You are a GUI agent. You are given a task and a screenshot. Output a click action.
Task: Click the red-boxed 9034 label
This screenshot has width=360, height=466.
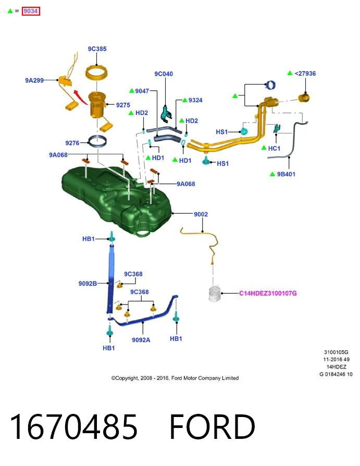tap(31, 11)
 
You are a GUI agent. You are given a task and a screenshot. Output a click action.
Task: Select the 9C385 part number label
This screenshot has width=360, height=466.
tap(97, 49)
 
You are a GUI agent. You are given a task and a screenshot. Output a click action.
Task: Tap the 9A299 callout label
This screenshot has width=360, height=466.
tap(34, 80)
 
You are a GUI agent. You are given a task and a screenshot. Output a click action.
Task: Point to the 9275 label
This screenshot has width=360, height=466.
tap(123, 105)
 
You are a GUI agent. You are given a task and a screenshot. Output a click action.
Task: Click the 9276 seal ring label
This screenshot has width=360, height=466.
tap(72, 143)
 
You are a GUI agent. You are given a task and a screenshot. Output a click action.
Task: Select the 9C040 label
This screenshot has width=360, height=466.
tap(164, 73)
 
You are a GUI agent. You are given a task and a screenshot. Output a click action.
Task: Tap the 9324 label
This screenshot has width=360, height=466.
tap(195, 100)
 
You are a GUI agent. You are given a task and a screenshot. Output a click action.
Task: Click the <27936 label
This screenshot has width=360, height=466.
tap(305, 73)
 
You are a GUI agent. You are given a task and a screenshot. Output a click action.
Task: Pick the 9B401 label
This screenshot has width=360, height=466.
tap(286, 174)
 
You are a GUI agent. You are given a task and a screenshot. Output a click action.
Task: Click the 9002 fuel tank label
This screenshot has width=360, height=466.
tap(201, 214)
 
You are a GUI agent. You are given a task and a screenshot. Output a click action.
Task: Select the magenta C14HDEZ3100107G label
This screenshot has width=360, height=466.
tap(268, 293)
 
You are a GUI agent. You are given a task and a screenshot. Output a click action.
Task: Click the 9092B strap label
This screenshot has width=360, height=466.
tap(88, 284)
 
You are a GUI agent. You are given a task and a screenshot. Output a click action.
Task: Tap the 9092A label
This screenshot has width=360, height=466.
tap(141, 340)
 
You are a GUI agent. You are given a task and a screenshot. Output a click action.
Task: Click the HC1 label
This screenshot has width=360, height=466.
tap(274, 149)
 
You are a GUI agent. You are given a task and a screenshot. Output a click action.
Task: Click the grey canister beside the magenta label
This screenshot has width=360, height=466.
tap(215, 293)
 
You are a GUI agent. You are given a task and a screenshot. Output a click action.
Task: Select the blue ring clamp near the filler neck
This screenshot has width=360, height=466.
tap(270, 85)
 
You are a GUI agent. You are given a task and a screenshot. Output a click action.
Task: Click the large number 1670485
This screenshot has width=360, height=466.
tap(73, 427)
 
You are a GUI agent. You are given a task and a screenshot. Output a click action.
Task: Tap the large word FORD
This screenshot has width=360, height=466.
tap(212, 427)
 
